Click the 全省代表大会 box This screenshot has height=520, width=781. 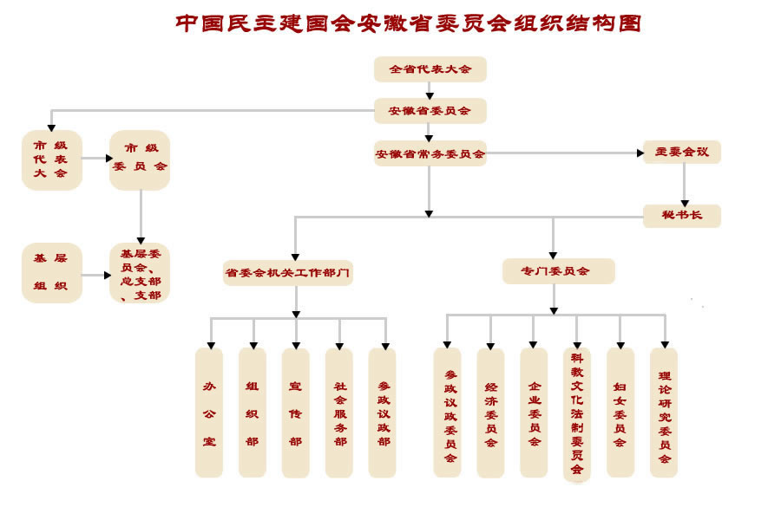[430, 69]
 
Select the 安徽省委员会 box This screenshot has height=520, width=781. [430, 111]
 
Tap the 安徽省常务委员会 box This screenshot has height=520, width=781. [430, 154]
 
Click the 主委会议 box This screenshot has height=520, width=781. [681, 152]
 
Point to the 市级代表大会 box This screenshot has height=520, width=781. [51, 159]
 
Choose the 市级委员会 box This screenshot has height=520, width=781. [140, 159]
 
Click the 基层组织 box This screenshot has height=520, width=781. [51, 272]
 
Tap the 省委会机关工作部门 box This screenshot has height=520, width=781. [288, 272]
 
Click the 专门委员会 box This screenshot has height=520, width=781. [558, 271]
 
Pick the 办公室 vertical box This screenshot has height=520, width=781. [209, 413]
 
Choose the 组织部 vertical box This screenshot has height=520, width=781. [253, 413]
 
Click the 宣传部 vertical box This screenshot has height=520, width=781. [296, 413]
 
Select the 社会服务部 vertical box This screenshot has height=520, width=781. [339, 413]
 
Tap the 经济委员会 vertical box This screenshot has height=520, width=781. [490, 413]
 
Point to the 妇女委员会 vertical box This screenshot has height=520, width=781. [620, 413]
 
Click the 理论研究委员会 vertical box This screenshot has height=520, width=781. [664, 413]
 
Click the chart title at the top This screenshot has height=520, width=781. [408, 23]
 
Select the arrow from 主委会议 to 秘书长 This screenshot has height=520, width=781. [684, 184]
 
